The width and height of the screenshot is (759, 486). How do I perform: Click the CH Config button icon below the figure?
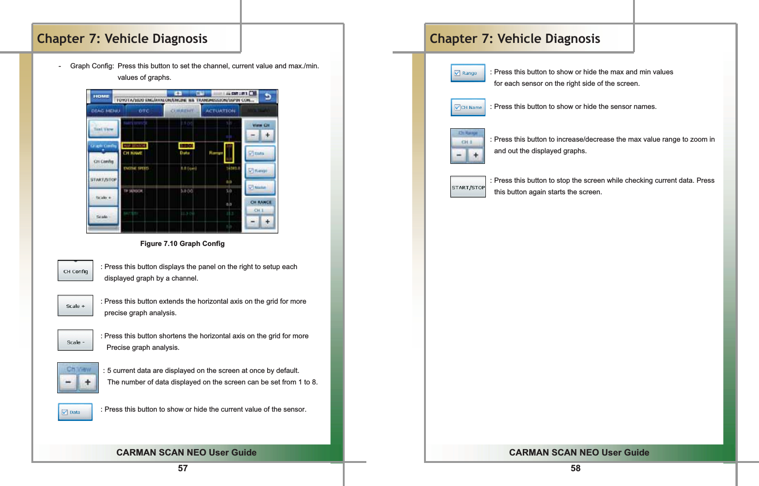(75, 271)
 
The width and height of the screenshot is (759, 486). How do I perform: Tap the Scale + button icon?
(75, 306)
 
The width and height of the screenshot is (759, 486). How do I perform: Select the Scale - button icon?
(75, 341)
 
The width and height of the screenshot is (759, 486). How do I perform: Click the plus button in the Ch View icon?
(88, 382)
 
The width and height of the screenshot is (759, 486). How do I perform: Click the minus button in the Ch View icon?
(68, 382)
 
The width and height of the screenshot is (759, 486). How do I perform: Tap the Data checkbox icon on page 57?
(75, 412)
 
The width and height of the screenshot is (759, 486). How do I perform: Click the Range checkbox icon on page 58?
(468, 73)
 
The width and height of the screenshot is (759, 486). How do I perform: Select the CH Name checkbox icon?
(468, 107)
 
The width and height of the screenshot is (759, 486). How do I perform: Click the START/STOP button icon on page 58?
(468, 187)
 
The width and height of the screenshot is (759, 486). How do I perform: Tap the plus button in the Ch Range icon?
(476, 155)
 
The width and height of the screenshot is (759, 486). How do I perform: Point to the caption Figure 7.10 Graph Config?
(182, 244)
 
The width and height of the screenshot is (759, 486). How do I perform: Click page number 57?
(183, 468)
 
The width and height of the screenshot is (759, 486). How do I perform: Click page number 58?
(575, 468)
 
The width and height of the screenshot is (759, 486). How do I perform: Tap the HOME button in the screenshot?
(101, 96)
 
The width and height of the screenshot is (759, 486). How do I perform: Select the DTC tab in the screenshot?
(144, 111)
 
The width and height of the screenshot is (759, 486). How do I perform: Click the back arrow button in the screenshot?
(268, 96)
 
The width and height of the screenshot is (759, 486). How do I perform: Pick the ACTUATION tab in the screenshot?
(220, 111)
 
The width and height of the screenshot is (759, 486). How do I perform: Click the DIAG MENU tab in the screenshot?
(106, 111)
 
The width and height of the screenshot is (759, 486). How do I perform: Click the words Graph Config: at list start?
(92, 66)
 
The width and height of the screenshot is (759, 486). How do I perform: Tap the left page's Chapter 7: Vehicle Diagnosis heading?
(122, 39)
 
